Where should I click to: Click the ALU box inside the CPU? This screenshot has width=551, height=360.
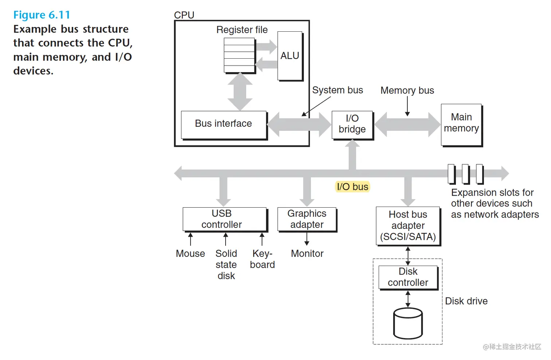(x=290, y=56)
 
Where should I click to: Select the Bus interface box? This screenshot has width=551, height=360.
(x=223, y=124)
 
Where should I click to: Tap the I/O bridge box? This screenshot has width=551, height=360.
(x=352, y=124)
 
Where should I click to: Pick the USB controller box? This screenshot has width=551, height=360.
(x=224, y=219)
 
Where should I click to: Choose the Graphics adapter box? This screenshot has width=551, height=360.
(x=307, y=219)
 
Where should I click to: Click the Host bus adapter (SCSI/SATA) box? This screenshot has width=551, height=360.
(x=408, y=226)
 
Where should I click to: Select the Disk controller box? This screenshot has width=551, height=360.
(x=408, y=277)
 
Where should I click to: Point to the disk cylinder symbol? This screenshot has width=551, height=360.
(x=408, y=323)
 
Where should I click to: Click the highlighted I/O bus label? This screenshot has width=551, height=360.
(x=352, y=187)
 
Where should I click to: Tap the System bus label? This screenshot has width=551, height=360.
(x=337, y=90)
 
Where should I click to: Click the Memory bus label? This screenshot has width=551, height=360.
(x=407, y=90)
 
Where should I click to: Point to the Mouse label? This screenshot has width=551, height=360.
(x=190, y=254)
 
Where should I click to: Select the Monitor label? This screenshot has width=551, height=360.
(x=307, y=254)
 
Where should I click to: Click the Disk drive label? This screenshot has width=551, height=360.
(x=466, y=301)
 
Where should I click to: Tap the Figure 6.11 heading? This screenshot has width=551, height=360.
(x=42, y=15)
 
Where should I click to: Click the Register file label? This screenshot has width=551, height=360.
(x=242, y=30)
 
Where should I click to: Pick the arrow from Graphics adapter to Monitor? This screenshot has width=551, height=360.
(x=307, y=239)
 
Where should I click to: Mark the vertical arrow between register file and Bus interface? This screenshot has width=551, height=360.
(x=240, y=91)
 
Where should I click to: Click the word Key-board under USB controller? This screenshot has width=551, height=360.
(x=262, y=259)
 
